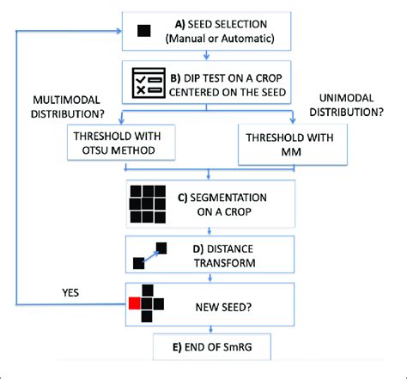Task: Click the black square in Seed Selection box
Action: coord(144,33)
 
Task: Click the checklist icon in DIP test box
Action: coord(147,82)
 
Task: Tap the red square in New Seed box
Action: coord(134,302)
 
